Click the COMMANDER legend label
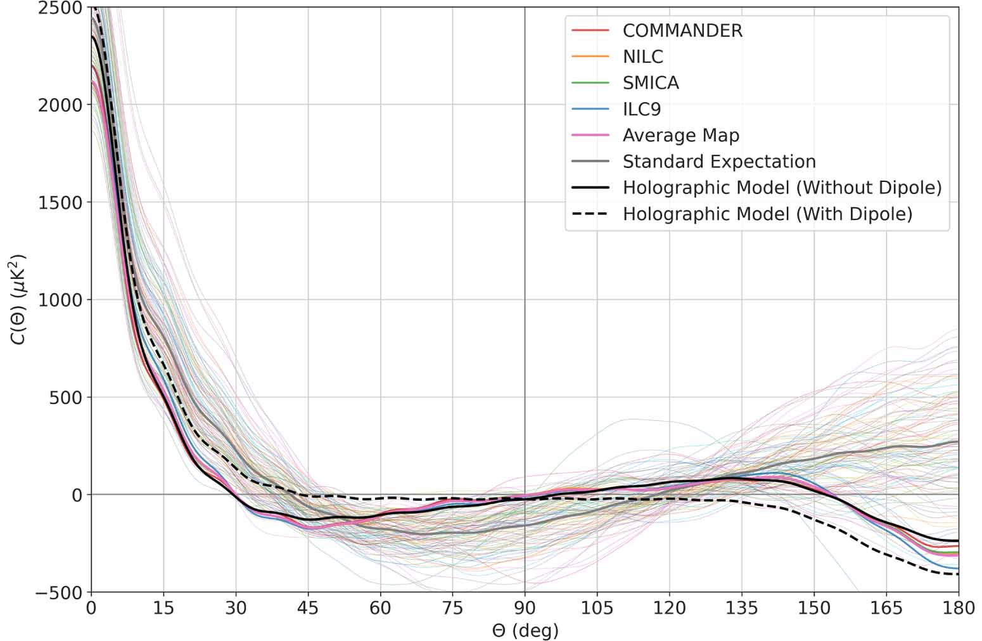pyautogui.click(x=682, y=30)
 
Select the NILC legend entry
pyautogui.click(x=642, y=56)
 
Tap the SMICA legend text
pyautogui.click(x=651, y=83)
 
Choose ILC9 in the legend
pyautogui.click(x=641, y=109)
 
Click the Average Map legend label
pyautogui.click(x=680, y=135)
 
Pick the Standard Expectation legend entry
pyautogui.click(x=718, y=162)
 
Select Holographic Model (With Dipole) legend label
pyautogui.click(x=767, y=214)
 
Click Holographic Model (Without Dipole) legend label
pyautogui.click(x=782, y=188)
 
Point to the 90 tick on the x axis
pyautogui.click(x=525, y=608)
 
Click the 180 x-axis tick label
pyautogui.click(x=958, y=608)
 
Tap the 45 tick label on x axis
pyautogui.click(x=308, y=608)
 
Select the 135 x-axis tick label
pyautogui.click(x=741, y=608)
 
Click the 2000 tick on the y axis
pyautogui.click(x=60, y=105)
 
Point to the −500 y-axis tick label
pyautogui.click(x=60, y=592)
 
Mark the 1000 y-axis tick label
pyautogui.click(x=60, y=300)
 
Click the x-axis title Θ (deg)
pyautogui.click(x=525, y=631)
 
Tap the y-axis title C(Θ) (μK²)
pyautogui.click(x=18, y=299)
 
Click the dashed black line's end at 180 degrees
pyautogui.click(x=957, y=574)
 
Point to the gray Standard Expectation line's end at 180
pyautogui.click(x=957, y=442)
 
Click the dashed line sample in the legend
pyautogui.click(x=590, y=214)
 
